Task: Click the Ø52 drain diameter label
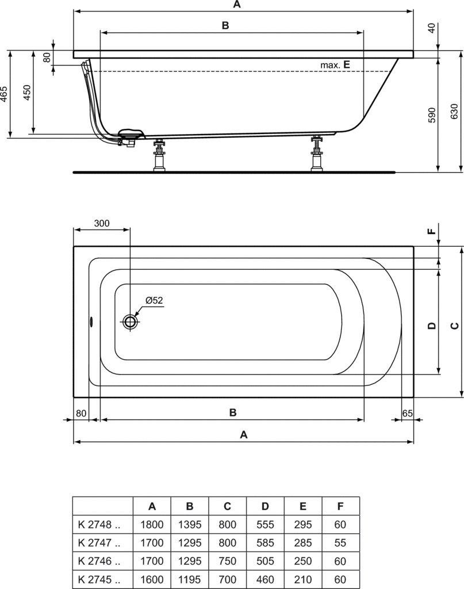point(154,300)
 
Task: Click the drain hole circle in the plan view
point(131,321)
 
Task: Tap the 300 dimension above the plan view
point(102,223)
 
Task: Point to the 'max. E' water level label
point(335,64)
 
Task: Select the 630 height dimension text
point(454,111)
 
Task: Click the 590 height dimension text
point(432,115)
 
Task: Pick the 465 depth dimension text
point(3,94)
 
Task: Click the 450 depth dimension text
point(27,93)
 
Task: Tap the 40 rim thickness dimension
point(432,28)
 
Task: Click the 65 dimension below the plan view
point(407,413)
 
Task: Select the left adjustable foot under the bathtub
point(159,155)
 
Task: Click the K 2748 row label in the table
point(99,525)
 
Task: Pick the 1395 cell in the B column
point(190,525)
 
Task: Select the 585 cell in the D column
point(265,543)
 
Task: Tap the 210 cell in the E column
point(302,579)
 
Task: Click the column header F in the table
point(340,506)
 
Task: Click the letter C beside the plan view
point(454,326)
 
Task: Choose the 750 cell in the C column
point(227,561)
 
